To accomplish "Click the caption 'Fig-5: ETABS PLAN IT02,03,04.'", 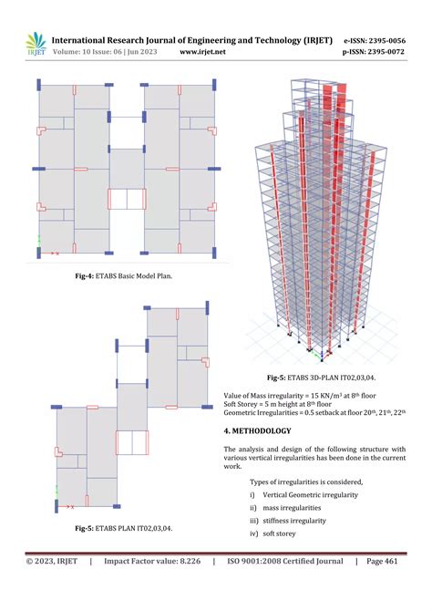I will (124, 528).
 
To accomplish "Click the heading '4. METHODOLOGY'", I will (257, 430).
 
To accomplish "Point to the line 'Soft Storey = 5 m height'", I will (277, 404).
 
